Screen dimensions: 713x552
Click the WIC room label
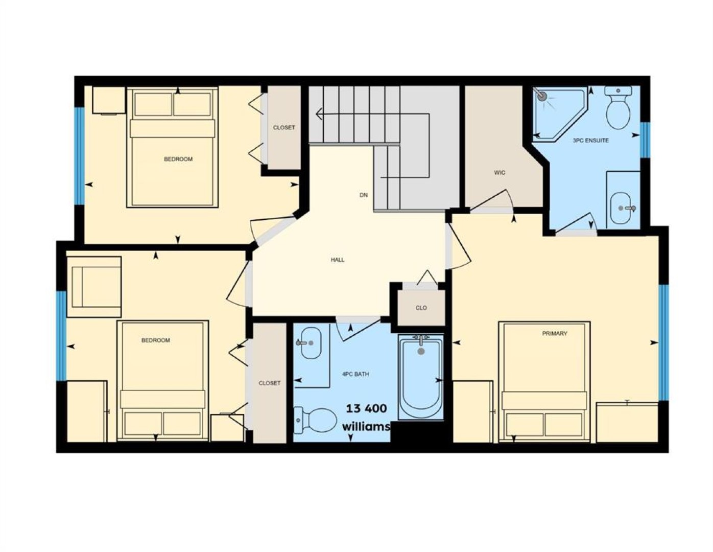point(499,172)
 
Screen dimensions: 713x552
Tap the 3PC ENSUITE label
point(590,140)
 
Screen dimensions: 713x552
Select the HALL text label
point(337,260)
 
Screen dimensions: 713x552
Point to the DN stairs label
point(364,195)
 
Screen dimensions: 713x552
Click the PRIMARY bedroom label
point(555,333)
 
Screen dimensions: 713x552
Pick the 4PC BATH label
point(355,374)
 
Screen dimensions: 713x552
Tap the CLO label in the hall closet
point(421,308)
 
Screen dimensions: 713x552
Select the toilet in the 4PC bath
point(315,421)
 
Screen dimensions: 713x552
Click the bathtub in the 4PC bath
point(421,377)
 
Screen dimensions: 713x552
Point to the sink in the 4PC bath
point(311,343)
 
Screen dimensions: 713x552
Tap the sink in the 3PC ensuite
point(621,209)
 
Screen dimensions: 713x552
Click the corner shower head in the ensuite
point(541,96)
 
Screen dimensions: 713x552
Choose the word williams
point(366,426)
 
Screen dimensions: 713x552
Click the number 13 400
point(367,408)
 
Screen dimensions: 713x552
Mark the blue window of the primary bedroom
point(663,342)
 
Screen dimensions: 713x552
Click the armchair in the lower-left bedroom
point(94,287)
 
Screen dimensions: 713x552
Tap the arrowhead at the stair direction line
point(318,114)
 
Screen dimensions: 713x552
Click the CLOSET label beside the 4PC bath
point(269,383)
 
